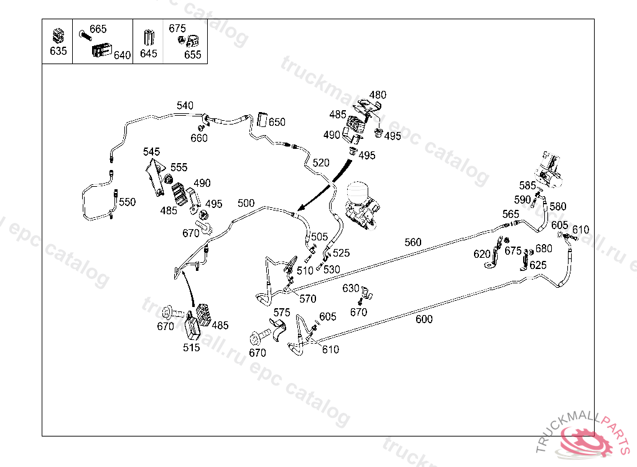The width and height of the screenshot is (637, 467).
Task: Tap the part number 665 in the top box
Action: (98, 29)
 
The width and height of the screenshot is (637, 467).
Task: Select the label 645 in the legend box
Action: (149, 54)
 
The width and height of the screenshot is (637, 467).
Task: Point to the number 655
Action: (193, 55)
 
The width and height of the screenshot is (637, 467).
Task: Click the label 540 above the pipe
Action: (185, 106)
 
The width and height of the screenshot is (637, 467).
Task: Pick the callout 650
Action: (277, 122)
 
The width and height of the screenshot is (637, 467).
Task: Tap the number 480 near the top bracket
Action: (378, 95)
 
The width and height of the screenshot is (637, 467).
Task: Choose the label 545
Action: (151, 152)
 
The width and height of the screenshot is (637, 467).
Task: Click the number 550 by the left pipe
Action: (127, 202)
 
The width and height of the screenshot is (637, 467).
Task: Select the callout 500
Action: (246, 203)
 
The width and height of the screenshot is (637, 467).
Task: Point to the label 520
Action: (321, 163)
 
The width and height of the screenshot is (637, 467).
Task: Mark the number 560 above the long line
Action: (412, 242)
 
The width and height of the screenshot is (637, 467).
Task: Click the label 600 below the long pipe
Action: (424, 319)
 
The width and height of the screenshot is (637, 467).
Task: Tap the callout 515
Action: (192, 347)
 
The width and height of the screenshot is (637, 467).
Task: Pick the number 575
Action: (282, 312)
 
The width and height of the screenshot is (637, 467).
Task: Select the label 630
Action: (351, 288)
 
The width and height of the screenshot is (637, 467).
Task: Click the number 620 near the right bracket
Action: (482, 254)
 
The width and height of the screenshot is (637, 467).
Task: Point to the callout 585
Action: (528, 186)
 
